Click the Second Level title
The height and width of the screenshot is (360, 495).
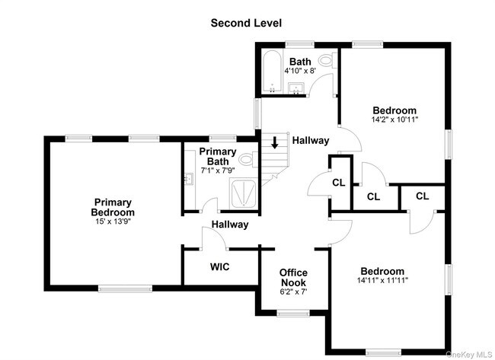(x=246, y=23)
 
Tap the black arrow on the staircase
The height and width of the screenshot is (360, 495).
(x=275, y=142)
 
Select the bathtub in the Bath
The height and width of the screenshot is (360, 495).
(x=272, y=72)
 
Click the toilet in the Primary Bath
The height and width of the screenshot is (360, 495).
(x=247, y=159)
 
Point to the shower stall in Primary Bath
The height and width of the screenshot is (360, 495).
(x=243, y=193)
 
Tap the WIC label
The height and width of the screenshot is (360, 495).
(x=220, y=267)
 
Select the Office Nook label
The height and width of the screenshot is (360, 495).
(x=293, y=278)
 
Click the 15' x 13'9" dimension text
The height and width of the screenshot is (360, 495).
(x=113, y=221)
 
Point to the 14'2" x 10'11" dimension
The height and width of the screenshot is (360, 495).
(x=394, y=119)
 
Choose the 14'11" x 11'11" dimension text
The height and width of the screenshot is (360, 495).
(x=382, y=280)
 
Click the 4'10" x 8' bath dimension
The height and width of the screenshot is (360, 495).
(x=300, y=71)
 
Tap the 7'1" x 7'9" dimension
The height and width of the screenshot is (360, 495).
(x=218, y=170)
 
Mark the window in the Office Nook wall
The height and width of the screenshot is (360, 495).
(x=293, y=313)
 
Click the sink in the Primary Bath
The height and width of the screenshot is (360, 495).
(x=190, y=178)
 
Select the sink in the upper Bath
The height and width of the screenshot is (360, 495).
(x=295, y=88)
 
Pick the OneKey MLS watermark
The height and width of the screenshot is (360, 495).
(x=469, y=355)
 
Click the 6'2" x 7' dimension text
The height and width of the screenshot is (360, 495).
(x=293, y=292)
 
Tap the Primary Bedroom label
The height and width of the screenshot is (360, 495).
(x=113, y=207)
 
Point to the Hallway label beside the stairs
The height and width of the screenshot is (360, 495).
(x=311, y=140)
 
